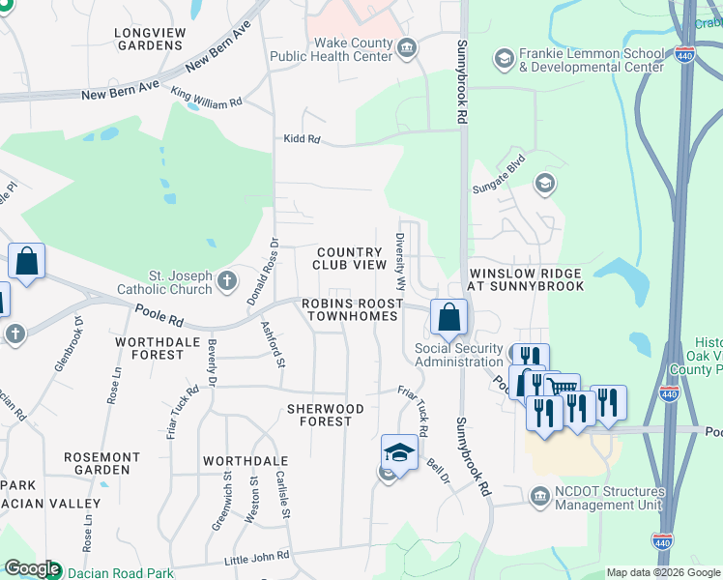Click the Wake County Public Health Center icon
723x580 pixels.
click(408, 46)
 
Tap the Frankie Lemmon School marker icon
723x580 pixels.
click(504, 60)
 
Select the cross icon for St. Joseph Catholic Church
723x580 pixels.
click(227, 281)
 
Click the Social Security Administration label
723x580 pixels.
click(460, 355)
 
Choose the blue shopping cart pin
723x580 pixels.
click(562, 390)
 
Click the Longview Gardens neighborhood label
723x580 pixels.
click(149, 39)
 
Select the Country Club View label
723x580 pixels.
click(350, 258)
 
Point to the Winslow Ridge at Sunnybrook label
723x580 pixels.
click(527, 279)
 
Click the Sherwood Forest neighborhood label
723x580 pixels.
click(326, 415)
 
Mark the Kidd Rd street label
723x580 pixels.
click(302, 139)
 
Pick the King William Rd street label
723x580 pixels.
click(206, 98)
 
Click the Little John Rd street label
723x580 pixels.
click(256, 556)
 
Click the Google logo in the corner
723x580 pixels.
click(31, 569)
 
